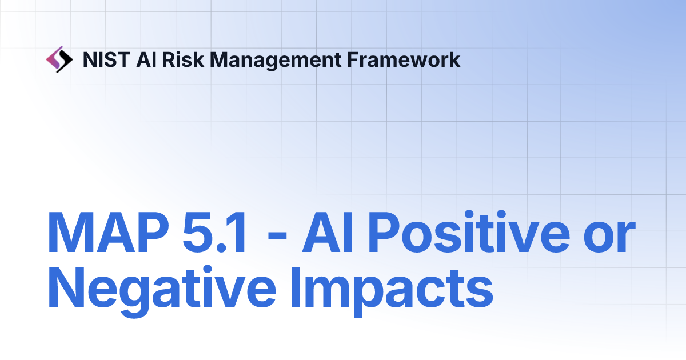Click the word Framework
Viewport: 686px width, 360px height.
pos(403,59)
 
